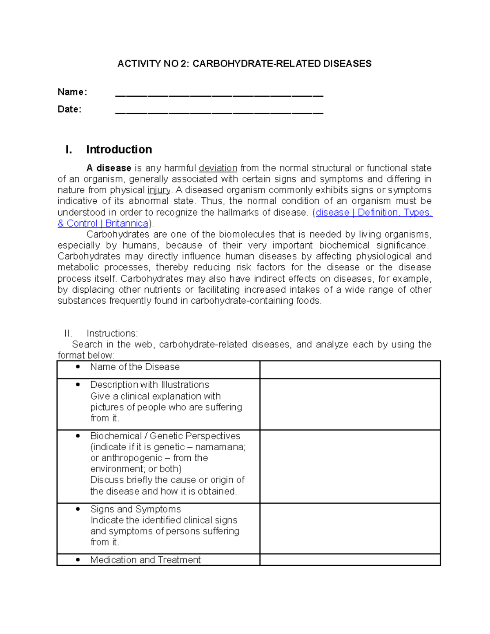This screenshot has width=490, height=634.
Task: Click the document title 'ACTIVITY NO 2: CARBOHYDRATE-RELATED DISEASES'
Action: [244, 64]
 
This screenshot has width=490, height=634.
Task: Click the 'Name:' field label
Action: [72, 92]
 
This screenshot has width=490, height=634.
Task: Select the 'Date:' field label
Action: [69, 109]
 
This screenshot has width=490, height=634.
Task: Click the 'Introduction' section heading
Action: [119, 149]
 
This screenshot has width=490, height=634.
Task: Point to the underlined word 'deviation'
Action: [218, 168]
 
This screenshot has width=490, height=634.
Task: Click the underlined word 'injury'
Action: [158, 190]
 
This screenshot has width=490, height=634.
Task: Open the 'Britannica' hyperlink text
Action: [127, 224]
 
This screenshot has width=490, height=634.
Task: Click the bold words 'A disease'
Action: [109, 168]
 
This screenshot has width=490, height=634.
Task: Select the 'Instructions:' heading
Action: [112, 334]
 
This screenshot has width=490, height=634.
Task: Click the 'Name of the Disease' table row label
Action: [135, 367]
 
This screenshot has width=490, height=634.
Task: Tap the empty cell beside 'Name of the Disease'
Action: [350, 369]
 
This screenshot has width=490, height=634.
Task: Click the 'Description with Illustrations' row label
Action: [149, 385]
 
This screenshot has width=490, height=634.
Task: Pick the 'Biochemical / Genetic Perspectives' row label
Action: [165, 436]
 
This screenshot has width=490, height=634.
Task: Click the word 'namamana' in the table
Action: [220, 447]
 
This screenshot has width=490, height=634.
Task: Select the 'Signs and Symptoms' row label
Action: [135, 509]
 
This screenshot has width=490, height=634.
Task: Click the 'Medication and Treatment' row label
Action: [145, 560]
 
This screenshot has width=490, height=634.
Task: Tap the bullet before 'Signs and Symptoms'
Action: [78, 509]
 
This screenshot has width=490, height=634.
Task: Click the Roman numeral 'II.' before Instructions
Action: [68, 334]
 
